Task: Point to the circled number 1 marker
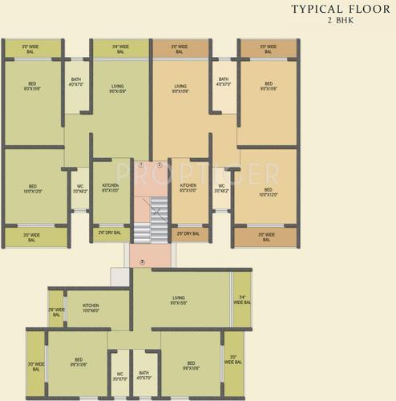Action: (x=141, y=165)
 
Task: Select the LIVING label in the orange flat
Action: (x=180, y=88)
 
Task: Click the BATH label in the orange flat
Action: (x=223, y=82)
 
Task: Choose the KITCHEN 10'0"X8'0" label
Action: (x=91, y=307)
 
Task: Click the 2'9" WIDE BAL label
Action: (x=56, y=312)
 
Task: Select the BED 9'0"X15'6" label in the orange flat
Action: (x=269, y=86)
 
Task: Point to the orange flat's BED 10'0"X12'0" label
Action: (x=269, y=192)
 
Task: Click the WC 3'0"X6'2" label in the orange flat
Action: (x=221, y=189)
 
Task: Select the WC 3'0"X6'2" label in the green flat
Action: (x=79, y=189)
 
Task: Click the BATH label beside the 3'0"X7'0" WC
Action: (x=143, y=375)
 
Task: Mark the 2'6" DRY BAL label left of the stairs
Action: (x=110, y=233)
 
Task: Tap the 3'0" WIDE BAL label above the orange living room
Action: (x=180, y=49)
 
